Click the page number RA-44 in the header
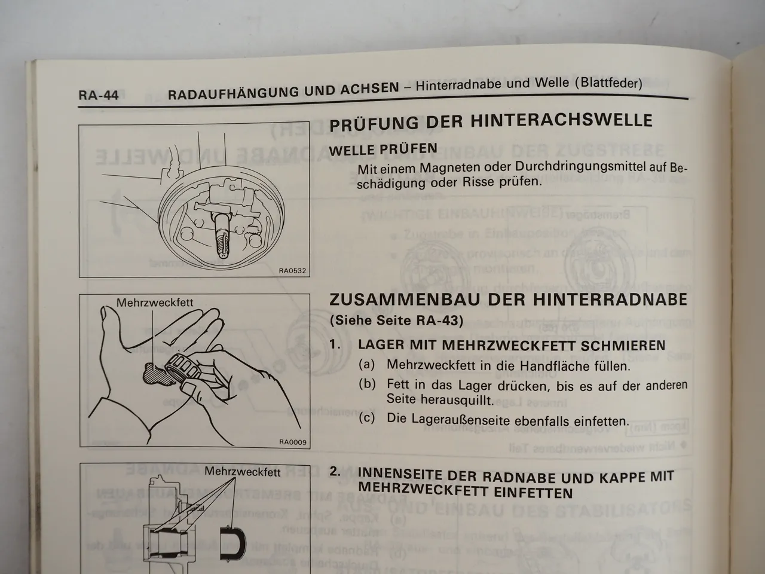pos(99,95)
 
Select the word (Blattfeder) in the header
pos(608,83)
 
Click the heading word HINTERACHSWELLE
pos(561,121)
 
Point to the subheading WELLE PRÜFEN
pos(383,149)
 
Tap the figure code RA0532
pos(292,271)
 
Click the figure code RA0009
pos(292,442)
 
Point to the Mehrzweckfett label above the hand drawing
pos(155,303)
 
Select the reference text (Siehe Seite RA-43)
pos(396,320)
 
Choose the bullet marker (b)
pos(367,384)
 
